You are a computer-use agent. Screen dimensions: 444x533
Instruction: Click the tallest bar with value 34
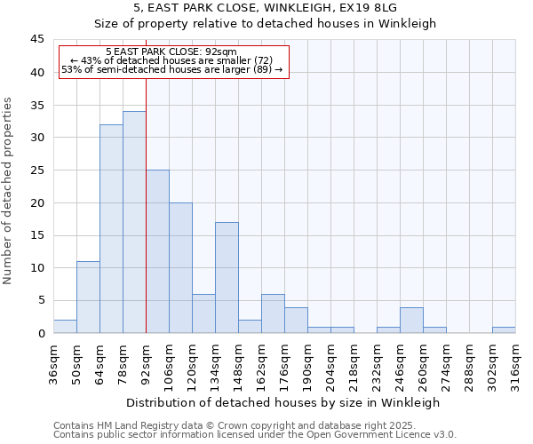(134, 222)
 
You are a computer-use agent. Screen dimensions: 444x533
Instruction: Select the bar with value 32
(111, 228)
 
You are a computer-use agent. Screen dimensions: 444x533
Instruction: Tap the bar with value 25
(157, 251)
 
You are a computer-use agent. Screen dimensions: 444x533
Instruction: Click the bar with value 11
(88, 297)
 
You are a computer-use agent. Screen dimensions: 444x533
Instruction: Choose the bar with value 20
(180, 267)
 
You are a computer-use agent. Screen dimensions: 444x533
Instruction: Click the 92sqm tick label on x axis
(146, 363)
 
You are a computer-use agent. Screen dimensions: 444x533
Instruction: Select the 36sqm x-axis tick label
(53, 363)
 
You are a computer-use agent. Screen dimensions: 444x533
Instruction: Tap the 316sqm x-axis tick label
(515, 363)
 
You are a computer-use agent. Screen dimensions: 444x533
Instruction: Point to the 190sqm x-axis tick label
(307, 363)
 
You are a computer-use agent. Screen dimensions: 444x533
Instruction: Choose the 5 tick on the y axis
(41, 300)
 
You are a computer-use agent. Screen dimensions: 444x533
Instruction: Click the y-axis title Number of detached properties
(9, 191)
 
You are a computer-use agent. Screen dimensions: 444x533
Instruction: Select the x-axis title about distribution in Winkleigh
(284, 402)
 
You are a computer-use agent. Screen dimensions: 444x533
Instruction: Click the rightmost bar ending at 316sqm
(504, 329)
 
